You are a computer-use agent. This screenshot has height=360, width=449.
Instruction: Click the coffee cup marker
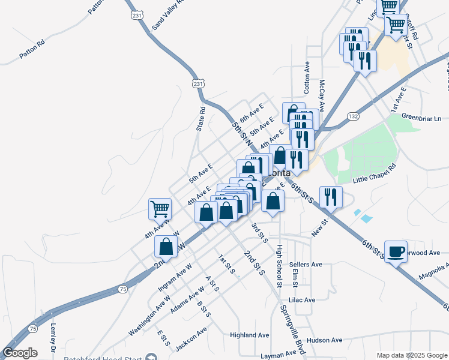coord(396,252)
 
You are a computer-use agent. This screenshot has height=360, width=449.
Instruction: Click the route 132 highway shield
coord(354,116)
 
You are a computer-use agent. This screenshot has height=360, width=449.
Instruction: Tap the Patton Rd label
coord(32,49)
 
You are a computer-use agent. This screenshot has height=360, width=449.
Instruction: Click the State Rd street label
coord(201,119)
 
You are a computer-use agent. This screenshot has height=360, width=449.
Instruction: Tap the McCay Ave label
coord(322,96)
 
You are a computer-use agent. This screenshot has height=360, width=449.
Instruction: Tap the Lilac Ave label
coord(302,300)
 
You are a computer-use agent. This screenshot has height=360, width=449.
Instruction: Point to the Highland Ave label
coord(250,335)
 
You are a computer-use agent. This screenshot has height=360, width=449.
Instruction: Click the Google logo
coord(20,353)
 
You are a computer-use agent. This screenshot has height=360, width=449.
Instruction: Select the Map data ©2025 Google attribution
coord(411,355)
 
